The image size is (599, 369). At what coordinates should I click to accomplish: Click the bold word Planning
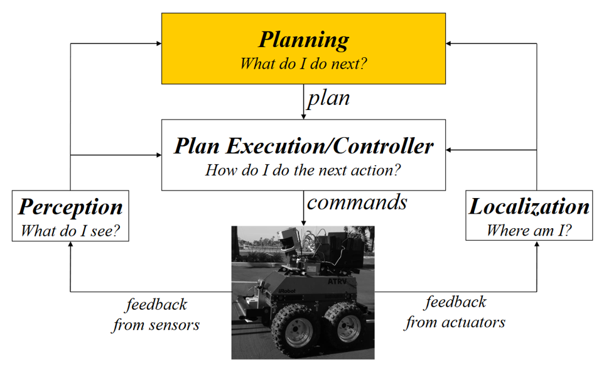pos(303,40)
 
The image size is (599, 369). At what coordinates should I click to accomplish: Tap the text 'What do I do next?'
pos(303,63)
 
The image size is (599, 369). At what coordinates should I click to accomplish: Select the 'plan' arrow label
pos(328,99)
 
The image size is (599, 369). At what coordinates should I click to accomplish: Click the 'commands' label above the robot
pos(357,202)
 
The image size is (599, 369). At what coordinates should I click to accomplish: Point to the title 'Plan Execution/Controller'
pos(303,146)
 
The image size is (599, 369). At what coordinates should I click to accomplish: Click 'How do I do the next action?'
pos(303,170)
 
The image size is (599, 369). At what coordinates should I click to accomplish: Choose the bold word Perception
pos(70,207)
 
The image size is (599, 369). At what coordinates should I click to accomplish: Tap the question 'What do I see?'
pos(70,230)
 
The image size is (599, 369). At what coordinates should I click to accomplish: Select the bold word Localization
pos(529,206)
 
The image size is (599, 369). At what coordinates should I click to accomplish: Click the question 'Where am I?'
pos(529,230)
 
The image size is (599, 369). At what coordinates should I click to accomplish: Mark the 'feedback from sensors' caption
pos(156,315)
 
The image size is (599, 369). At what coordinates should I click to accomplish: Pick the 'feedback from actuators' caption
pos(455,312)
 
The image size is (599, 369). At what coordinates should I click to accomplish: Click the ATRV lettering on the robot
pos(337,282)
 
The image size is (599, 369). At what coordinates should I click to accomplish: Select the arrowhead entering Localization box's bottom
pos(537,245)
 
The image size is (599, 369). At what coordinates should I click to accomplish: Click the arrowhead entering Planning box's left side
pos(157,43)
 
